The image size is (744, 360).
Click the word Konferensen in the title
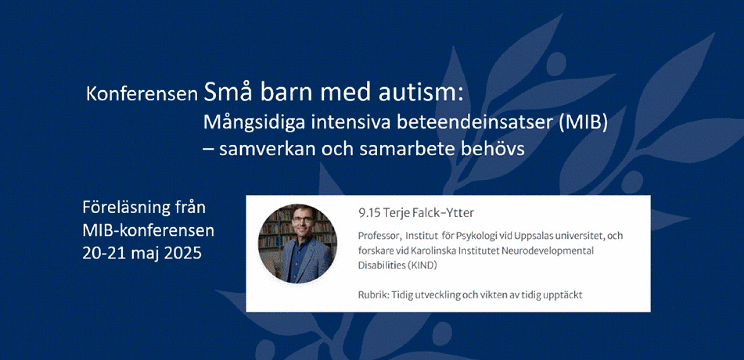pos(142,94)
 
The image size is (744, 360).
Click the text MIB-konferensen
pos(148,230)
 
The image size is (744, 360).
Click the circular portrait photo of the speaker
pos(297,243)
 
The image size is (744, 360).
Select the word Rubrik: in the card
pos(373,295)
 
